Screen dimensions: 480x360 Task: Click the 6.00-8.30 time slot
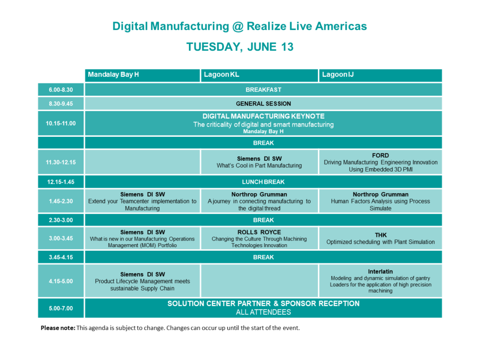(x=61, y=90)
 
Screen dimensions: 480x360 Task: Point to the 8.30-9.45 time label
(x=61, y=104)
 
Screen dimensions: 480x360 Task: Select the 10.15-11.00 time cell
(x=61, y=123)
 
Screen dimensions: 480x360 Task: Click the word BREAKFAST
(x=263, y=90)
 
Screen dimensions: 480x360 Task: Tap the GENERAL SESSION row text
(x=263, y=104)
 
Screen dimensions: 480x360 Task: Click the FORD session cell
(x=381, y=162)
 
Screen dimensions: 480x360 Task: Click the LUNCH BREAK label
(x=263, y=182)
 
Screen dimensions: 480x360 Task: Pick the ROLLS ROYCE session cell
(x=259, y=239)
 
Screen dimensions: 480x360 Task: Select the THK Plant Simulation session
(x=381, y=239)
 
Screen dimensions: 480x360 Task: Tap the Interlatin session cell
(x=381, y=281)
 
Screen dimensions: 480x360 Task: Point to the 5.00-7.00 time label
(x=61, y=308)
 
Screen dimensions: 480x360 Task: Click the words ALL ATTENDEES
(x=263, y=312)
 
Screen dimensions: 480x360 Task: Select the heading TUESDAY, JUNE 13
(x=240, y=47)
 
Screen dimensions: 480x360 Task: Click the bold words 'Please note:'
(x=58, y=328)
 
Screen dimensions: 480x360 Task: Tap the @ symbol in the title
(x=238, y=26)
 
